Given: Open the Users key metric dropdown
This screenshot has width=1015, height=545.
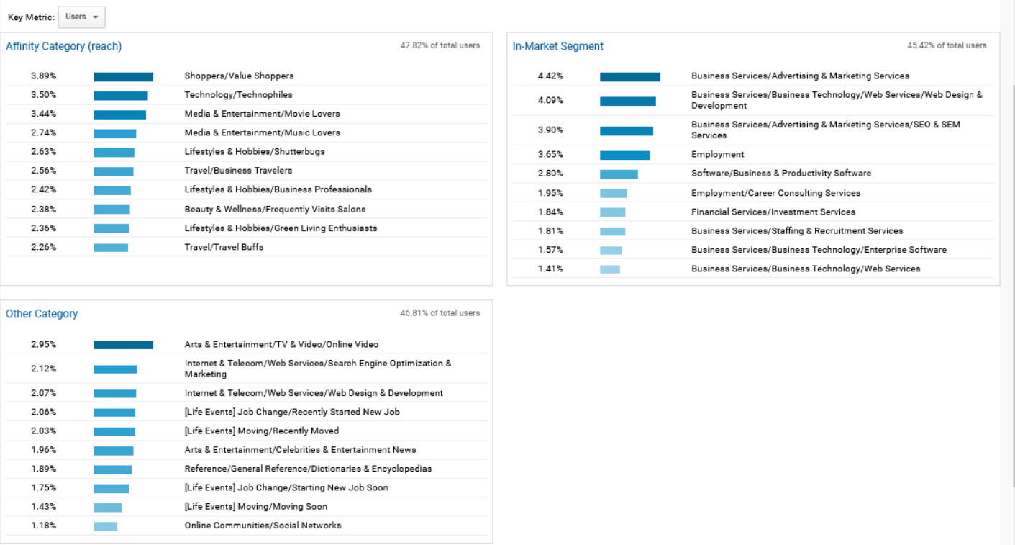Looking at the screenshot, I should tap(81, 17).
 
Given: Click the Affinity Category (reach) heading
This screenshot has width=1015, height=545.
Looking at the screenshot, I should tap(63, 46).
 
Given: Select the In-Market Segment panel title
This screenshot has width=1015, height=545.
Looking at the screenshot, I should tap(557, 46).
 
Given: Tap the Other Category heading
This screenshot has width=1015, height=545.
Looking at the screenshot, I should tap(42, 314).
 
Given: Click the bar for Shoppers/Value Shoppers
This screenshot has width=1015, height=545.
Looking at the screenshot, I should tap(123, 76).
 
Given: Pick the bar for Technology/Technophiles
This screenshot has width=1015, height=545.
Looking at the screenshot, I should tap(120, 95).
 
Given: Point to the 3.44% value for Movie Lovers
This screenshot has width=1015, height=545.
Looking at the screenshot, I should tap(43, 114).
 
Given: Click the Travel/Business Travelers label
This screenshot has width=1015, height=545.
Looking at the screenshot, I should tap(238, 171).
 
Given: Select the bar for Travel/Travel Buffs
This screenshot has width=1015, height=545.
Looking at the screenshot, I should tap(111, 247).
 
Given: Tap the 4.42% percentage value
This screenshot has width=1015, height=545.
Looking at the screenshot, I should tap(550, 76).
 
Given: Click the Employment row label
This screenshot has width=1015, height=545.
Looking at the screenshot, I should tap(717, 154).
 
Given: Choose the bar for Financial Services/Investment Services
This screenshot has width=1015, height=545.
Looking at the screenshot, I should tap(612, 212).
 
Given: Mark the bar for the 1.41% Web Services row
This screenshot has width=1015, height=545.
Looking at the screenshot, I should tap(609, 269).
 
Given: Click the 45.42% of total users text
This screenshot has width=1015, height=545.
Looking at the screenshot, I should tap(947, 45).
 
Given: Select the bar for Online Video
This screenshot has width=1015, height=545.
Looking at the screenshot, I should tap(123, 345).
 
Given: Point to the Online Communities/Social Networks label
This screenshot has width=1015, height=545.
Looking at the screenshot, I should tap(263, 526).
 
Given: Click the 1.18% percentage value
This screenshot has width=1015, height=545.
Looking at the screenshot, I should tap(43, 526).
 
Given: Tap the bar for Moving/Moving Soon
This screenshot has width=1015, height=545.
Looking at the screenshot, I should tap(107, 507).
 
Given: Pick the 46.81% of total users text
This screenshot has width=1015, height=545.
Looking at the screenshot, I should tap(440, 313).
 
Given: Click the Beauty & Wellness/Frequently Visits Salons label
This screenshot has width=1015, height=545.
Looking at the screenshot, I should tap(275, 209).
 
